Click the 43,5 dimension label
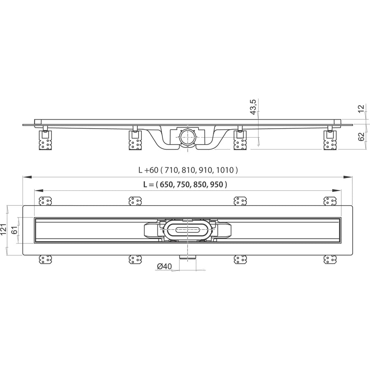point(253,107)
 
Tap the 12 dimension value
point(361,109)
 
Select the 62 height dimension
point(361,136)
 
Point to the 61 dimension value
point(14,229)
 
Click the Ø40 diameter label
point(164,266)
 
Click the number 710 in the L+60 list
point(171,169)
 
